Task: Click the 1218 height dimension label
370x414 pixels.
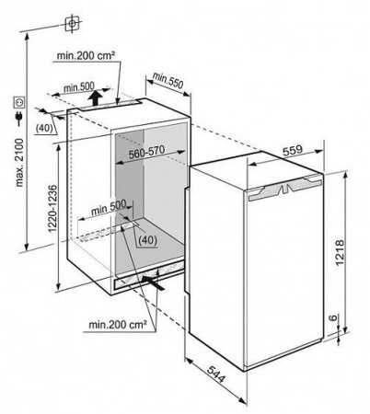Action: (x=341, y=252)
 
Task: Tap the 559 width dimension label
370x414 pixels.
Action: (x=292, y=151)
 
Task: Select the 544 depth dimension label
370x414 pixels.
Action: (x=215, y=374)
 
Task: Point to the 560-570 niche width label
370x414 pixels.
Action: (x=146, y=152)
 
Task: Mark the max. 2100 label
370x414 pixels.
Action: (x=19, y=163)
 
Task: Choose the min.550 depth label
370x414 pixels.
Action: (x=168, y=80)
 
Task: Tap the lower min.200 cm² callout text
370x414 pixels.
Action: (x=118, y=324)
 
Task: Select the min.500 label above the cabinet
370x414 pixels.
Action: (x=79, y=87)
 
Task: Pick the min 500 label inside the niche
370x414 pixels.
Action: (x=109, y=207)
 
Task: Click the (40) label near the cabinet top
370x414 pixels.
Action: (x=44, y=128)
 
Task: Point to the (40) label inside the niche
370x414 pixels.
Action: (x=147, y=240)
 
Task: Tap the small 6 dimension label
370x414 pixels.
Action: (x=333, y=318)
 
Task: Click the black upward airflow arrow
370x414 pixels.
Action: (x=95, y=98)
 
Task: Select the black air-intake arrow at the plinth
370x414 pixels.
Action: (x=153, y=282)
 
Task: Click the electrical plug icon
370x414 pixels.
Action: (x=19, y=119)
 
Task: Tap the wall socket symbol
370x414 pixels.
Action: (x=19, y=102)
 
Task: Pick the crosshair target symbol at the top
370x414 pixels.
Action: (x=72, y=24)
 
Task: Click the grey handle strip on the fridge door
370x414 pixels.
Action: (x=285, y=189)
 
